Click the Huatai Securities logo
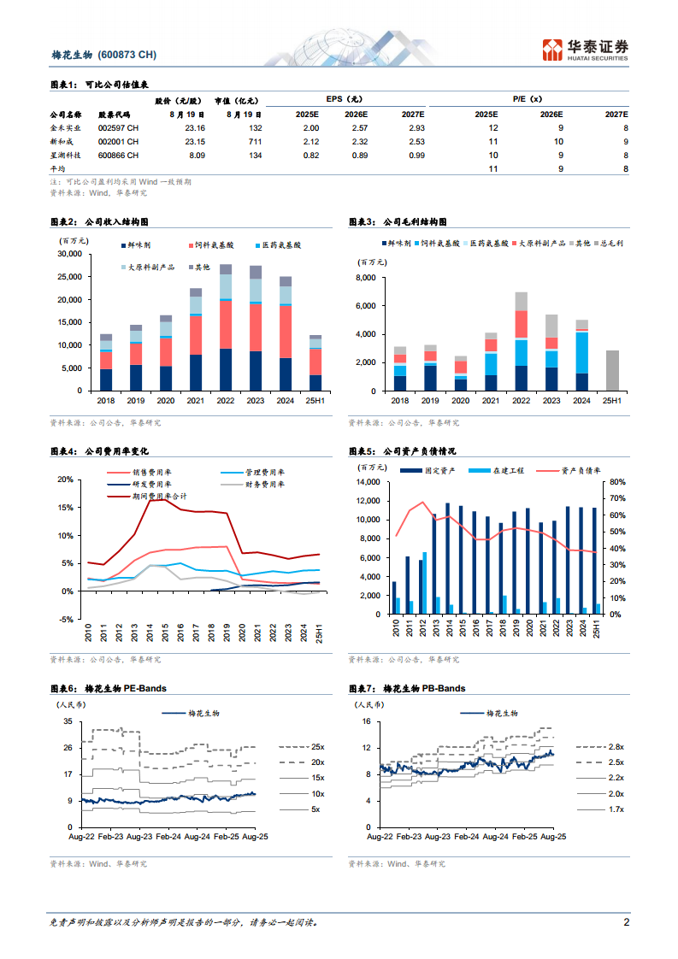pyautogui.click(x=586, y=50)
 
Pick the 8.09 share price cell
pyautogui.click(x=195, y=156)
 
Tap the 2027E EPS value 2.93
pyautogui.click(x=416, y=127)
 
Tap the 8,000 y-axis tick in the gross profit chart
pyautogui.click(x=364, y=279)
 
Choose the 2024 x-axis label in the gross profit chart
pyautogui.click(x=581, y=401)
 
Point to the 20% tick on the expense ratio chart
pyautogui.click(x=66, y=479)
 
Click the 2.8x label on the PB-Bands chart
pyautogui.click(x=616, y=747)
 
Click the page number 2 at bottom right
pyautogui.click(x=626, y=922)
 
